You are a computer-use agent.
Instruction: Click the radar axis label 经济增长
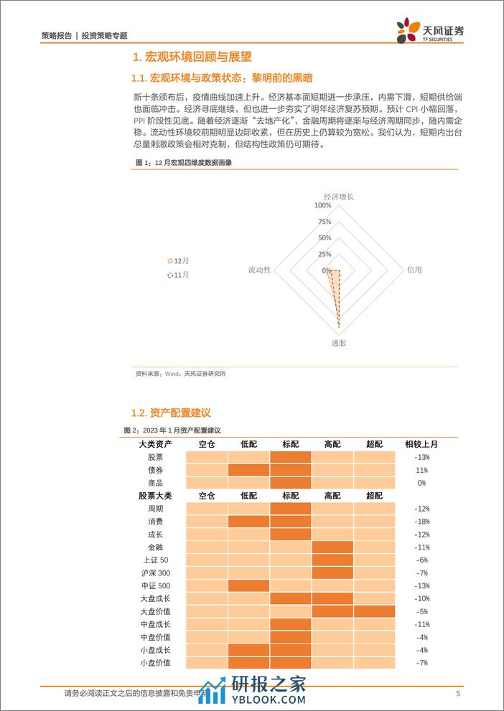coord(338,196)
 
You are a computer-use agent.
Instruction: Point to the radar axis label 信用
coord(414,270)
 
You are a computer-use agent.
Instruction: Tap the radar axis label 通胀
coord(338,344)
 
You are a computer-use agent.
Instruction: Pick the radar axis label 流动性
coord(259,270)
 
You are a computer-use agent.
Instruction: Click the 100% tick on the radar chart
coord(323,205)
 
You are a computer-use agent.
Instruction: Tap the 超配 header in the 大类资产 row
coord(374,444)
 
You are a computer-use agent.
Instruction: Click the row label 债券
coord(155,470)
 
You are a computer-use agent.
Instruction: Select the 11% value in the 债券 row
coord(421,470)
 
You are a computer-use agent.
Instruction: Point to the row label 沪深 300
coord(155,573)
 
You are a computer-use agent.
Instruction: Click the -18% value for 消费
coord(421,522)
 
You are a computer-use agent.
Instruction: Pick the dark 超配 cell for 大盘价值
coord(374,611)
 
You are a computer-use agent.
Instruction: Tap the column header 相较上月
coord(421,444)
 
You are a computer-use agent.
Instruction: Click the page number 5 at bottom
coord(457,693)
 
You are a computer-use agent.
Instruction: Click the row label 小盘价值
coord(155,662)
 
